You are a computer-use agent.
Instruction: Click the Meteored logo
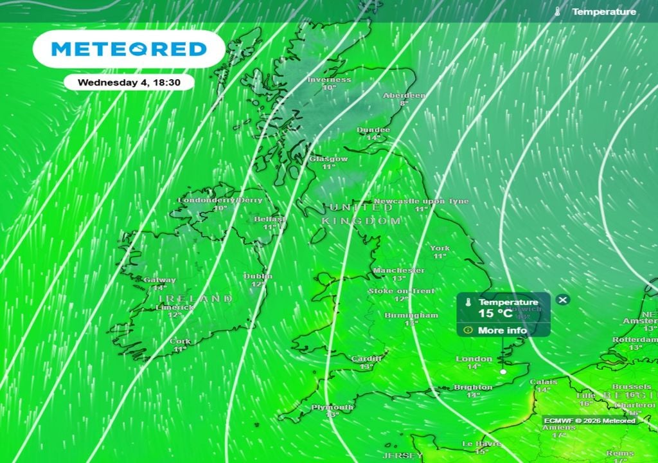click(129, 49)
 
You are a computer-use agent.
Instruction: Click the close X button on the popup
click(562, 300)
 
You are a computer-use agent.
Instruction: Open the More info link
click(502, 331)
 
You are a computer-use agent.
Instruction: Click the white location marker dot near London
click(504, 372)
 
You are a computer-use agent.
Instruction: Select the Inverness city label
click(329, 80)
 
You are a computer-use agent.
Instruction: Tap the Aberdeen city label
click(404, 95)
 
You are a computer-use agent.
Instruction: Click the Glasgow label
click(328, 159)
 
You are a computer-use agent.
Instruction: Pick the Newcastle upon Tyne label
click(421, 201)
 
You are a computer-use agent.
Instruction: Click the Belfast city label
click(269, 219)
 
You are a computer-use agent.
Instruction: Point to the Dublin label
click(258, 276)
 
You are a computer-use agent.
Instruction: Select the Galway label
click(159, 280)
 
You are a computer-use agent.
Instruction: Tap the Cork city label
click(179, 341)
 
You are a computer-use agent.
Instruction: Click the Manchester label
click(398, 270)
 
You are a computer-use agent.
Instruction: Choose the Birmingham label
click(411, 316)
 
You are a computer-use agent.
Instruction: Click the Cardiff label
click(366, 359)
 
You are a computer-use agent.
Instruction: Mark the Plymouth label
click(332, 408)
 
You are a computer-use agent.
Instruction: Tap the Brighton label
click(473, 387)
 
